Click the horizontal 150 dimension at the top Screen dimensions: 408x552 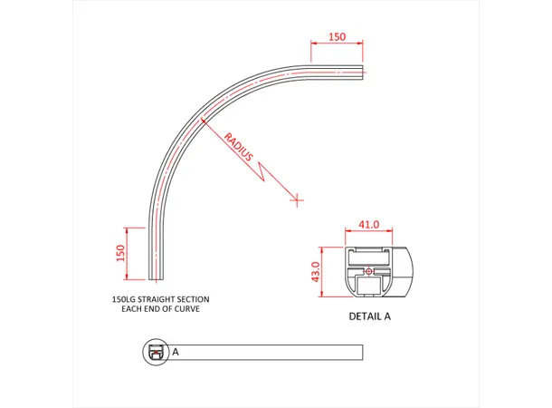337,37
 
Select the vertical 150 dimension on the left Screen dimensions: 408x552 119,252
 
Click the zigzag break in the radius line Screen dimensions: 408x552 265,169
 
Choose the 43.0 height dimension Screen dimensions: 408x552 315,271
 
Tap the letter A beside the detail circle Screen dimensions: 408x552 175,351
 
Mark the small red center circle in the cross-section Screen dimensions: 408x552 367,270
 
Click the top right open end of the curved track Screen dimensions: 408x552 364,72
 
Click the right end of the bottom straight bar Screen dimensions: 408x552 363,352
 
